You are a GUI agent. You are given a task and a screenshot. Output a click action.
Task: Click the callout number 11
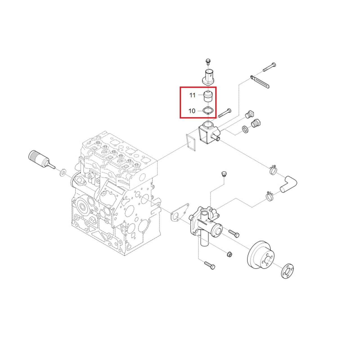point(192,95)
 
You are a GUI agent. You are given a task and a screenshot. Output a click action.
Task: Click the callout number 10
point(192,111)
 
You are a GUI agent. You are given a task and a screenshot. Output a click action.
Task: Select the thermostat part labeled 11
point(208,96)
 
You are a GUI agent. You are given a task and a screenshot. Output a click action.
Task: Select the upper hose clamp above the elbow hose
point(273,169)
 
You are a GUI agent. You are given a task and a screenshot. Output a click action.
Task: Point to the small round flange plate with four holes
point(287,271)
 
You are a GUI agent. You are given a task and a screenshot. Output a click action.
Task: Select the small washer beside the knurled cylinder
point(62,172)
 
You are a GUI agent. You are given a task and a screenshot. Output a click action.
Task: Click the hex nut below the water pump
point(229,255)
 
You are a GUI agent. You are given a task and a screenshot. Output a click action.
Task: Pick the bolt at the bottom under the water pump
point(210,265)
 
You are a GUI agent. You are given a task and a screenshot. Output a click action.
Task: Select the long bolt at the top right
point(269,67)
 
